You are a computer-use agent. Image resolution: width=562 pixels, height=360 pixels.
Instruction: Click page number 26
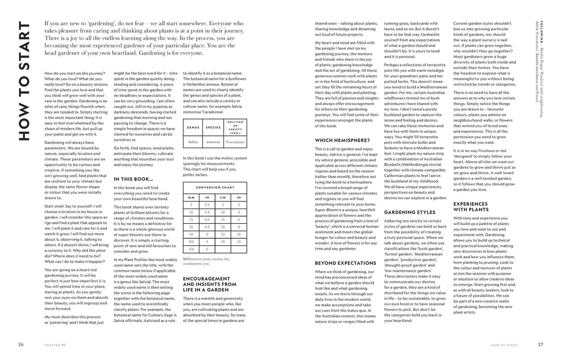coord(21,344)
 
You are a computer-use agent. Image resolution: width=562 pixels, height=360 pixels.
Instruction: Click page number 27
coord(540,344)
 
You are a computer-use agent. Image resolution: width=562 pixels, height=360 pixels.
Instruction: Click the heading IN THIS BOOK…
coord(133,179)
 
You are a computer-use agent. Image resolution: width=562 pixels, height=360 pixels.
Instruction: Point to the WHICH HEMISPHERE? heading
coord(342,140)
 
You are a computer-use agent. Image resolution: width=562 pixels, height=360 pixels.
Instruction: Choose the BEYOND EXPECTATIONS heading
coord(345,263)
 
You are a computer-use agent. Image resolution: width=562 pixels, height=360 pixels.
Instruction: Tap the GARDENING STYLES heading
coord(410,212)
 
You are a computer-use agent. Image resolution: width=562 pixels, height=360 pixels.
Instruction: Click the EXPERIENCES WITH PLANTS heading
coord(471,207)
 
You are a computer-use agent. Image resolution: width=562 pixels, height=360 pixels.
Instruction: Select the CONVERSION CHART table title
coord(215,188)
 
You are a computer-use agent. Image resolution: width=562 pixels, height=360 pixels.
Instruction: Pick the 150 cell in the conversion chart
coord(191,249)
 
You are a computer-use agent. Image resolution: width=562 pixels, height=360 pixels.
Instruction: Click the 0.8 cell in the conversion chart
coord(207,227)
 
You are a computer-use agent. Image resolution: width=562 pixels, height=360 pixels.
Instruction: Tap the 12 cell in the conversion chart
coord(239,242)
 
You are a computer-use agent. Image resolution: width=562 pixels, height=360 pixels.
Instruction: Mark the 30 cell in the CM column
coord(223,242)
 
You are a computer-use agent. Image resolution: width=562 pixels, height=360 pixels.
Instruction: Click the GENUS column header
coord(193,127)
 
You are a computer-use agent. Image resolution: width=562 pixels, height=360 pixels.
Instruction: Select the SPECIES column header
coord(213,127)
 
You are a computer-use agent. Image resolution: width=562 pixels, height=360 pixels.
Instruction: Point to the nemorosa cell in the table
coord(213,142)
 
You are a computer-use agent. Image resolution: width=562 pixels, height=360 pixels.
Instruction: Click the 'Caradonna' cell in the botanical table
coord(235,142)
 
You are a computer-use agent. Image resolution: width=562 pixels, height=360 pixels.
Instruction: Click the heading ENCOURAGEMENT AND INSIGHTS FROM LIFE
coord(210,284)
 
